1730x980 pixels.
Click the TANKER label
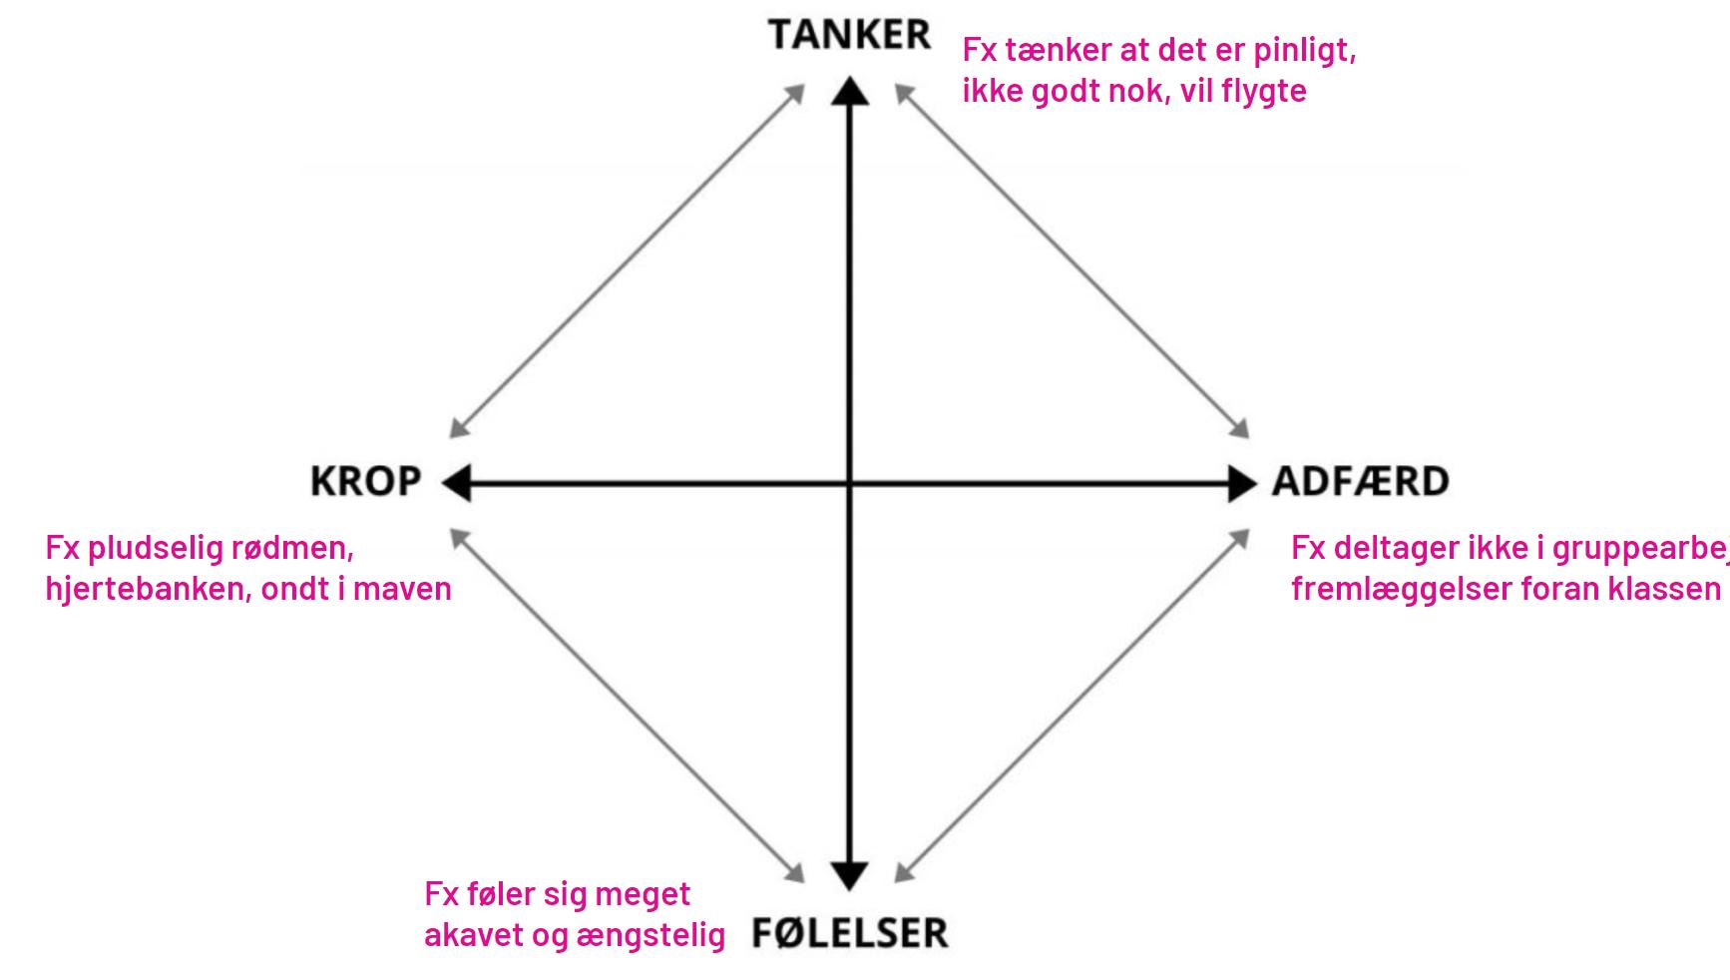pyautogui.click(x=849, y=36)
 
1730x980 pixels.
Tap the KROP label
pyautogui.click(x=366, y=482)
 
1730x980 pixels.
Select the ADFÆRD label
pyautogui.click(x=1360, y=482)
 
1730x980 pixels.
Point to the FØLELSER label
pyautogui.click(x=849, y=933)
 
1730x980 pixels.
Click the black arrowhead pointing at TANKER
pyautogui.click(x=850, y=92)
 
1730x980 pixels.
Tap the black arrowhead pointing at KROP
pyautogui.click(x=456, y=484)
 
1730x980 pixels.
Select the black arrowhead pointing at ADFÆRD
pyautogui.click(x=1242, y=484)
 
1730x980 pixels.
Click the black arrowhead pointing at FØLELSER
pyautogui.click(x=850, y=874)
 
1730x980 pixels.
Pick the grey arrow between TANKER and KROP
pyautogui.click(x=627, y=261)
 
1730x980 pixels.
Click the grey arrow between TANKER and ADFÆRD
pyautogui.click(x=1073, y=261)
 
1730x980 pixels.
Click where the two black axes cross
pyautogui.click(x=850, y=484)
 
